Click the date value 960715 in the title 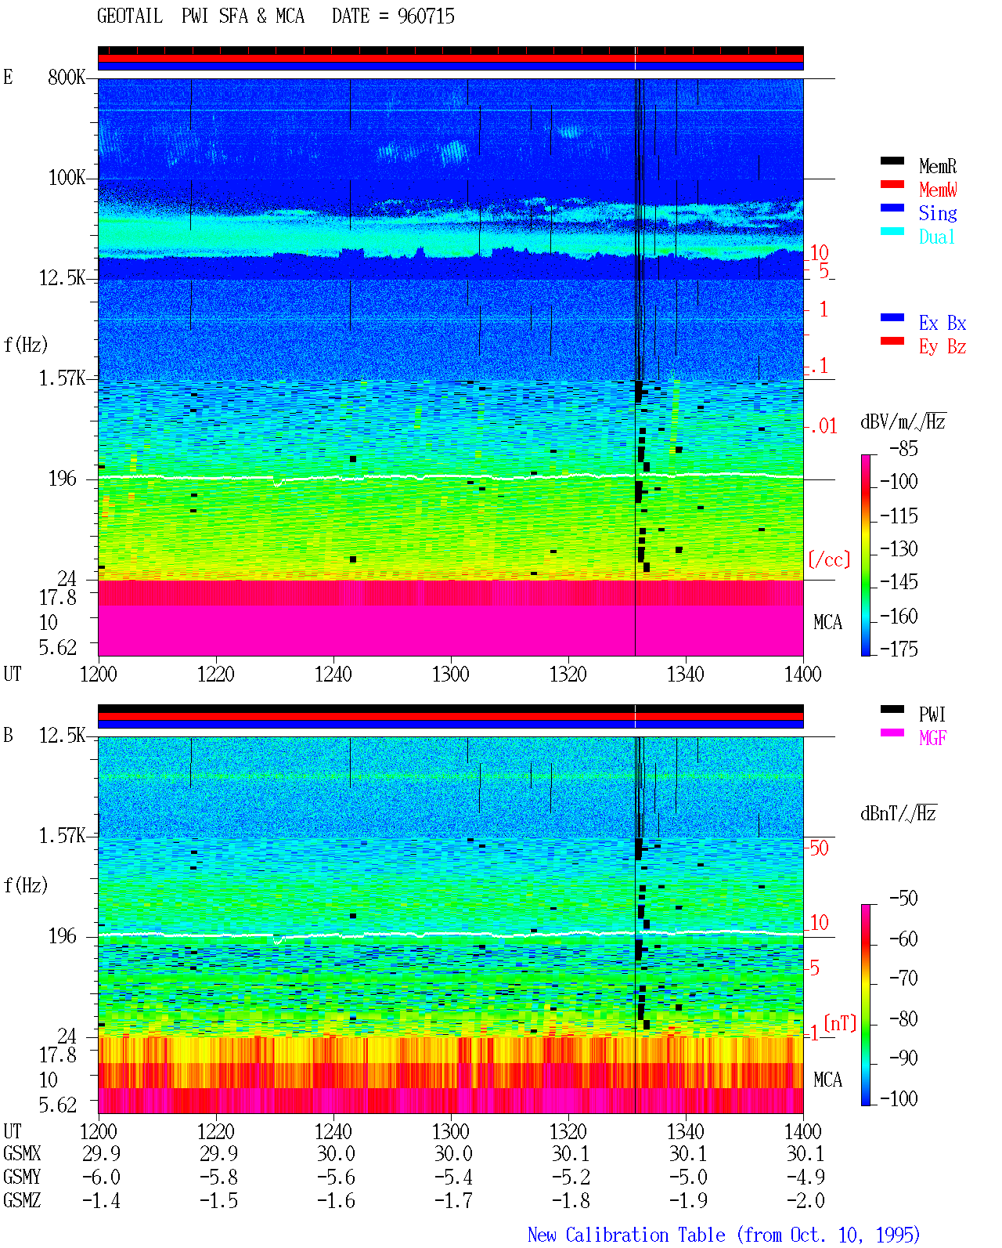426,16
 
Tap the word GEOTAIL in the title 130,16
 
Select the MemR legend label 938,166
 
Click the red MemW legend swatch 892,184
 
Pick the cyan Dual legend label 937,237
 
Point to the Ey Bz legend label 943,347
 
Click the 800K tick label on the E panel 67,77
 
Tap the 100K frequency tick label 67,178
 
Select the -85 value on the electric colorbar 903,449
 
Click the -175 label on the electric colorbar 899,649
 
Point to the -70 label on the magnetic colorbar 903,979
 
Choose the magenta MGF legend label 933,738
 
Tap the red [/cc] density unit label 829,559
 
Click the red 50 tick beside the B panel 819,848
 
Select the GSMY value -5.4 453,1177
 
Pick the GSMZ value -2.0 805,1201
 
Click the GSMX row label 22,1154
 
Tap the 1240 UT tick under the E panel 333,675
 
